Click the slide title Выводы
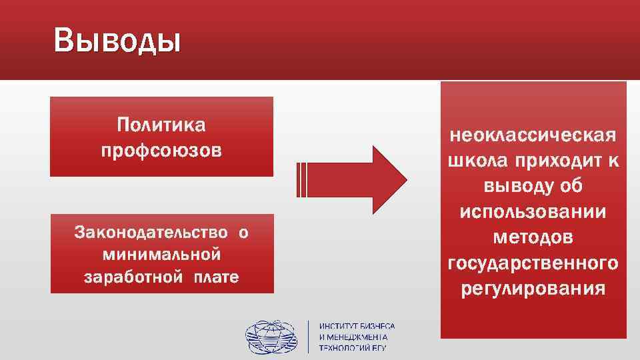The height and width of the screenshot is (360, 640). point(117,41)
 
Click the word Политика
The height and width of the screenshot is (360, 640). point(161,125)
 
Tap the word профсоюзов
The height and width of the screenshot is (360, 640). point(161,151)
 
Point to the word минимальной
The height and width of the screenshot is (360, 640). point(161,254)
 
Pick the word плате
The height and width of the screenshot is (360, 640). point(215,276)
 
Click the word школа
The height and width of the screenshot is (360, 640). point(475,161)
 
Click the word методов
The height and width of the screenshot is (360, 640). point(533,237)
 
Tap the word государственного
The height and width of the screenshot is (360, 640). point(533,263)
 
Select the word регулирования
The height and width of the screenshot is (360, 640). point(533,289)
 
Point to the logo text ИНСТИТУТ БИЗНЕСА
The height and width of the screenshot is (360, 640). point(357,326)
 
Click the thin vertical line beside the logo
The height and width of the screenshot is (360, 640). point(308,337)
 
